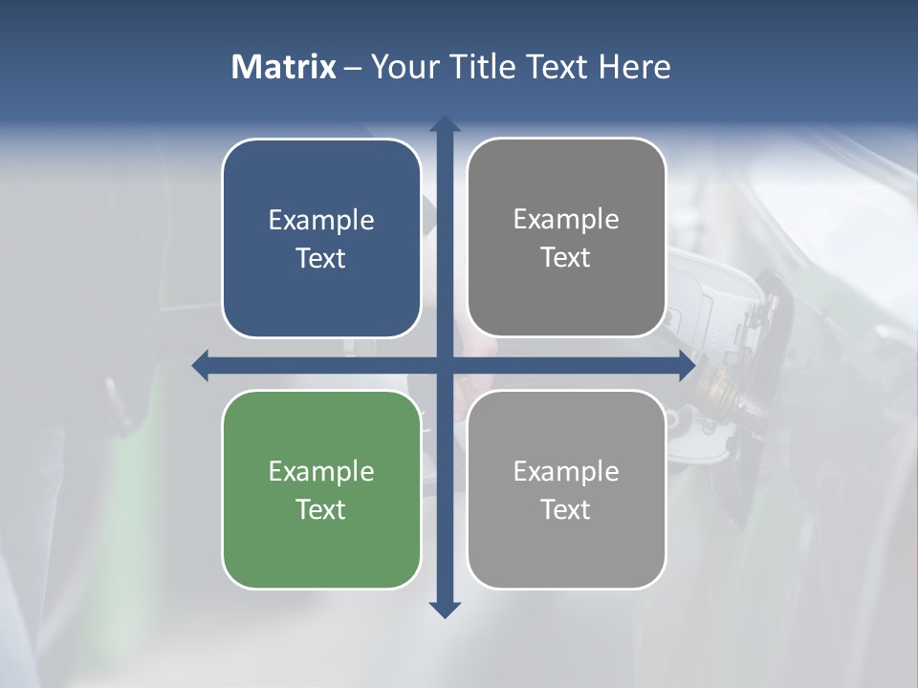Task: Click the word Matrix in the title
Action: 283,67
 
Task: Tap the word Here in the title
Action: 634,67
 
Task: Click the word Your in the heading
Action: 404,67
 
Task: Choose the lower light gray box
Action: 566,545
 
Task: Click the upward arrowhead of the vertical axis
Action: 445,124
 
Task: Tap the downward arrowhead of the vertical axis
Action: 445,609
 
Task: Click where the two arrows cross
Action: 445,365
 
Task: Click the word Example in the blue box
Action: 321,221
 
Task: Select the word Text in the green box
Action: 321,509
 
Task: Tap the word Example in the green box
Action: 321,472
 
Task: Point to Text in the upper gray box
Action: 566,258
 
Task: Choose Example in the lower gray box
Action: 566,472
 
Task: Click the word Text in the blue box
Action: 321,259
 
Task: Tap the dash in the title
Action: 353,68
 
